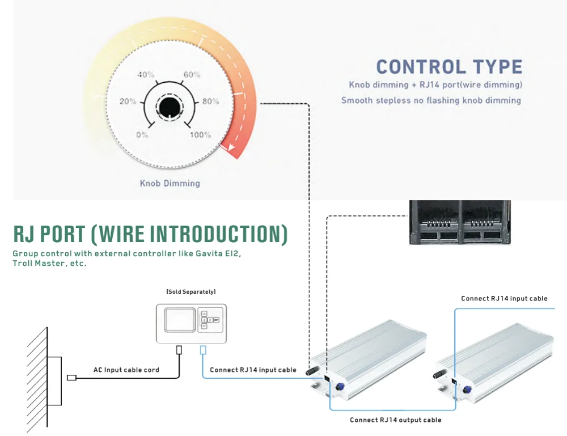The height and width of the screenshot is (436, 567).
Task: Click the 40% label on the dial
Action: [146, 74]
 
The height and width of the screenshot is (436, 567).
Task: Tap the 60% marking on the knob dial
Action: [192, 74]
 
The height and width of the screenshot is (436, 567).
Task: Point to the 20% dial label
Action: [128, 101]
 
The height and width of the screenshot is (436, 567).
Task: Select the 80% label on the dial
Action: [210, 101]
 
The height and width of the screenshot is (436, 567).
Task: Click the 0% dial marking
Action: [142, 135]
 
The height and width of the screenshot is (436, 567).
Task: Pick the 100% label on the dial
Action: [200, 135]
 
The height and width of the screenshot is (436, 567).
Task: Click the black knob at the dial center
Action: [170, 107]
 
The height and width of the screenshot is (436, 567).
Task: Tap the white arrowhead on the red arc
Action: [230, 147]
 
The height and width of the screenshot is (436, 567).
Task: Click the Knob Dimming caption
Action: [170, 183]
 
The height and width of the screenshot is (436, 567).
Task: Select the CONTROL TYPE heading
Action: [449, 67]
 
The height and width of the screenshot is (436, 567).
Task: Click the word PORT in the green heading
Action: [62, 234]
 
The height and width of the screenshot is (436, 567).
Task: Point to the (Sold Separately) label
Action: [191, 292]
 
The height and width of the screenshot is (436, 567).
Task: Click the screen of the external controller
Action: [180, 320]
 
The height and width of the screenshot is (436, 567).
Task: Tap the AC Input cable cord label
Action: [126, 370]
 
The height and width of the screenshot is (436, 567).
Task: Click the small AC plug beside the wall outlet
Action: [71, 378]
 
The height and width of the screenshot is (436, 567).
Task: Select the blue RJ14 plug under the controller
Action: [203, 350]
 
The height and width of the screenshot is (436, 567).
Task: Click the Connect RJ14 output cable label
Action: [396, 420]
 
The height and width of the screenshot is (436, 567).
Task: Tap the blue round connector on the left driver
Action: [340, 387]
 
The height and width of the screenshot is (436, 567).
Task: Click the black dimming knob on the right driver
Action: [439, 374]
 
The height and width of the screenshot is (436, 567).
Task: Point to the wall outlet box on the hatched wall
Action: [54, 381]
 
